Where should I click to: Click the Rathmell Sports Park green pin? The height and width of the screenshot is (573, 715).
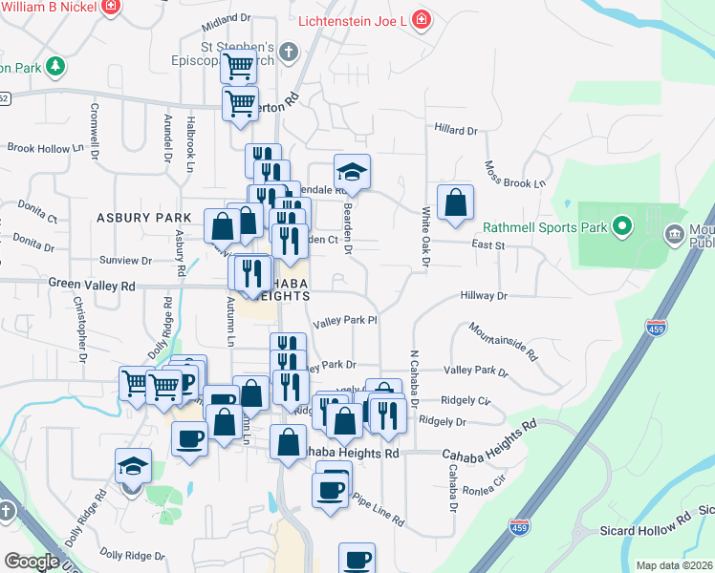(x=622, y=227)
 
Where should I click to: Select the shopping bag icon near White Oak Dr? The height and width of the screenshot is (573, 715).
(x=455, y=202)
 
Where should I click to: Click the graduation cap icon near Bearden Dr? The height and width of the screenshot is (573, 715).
(x=352, y=172)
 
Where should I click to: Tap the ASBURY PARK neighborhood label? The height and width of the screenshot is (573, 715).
(x=137, y=218)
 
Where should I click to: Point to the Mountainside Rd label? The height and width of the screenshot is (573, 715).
(x=503, y=340)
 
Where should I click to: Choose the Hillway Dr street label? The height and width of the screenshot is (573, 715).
(x=484, y=296)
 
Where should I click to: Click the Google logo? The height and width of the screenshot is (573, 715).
(x=32, y=561)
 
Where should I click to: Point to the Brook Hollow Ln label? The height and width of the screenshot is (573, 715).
(x=39, y=149)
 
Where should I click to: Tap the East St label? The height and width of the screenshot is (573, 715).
(x=487, y=244)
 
